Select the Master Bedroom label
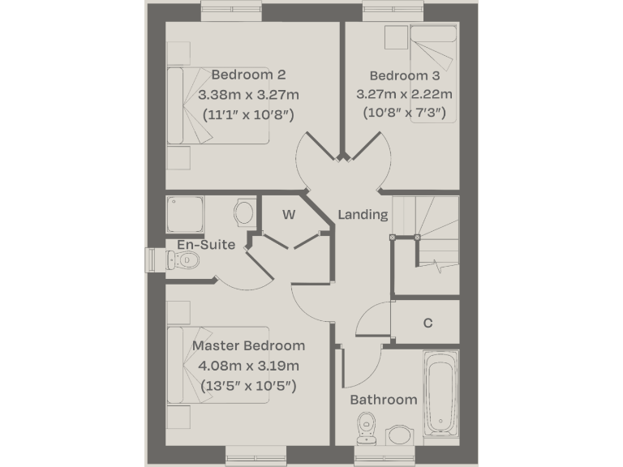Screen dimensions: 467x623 (248, 346)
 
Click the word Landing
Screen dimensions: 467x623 (363, 215)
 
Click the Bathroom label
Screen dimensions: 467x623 (384, 399)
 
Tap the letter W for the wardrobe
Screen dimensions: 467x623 (288, 215)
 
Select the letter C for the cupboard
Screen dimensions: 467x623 (428, 323)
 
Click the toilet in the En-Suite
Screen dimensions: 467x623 (183, 259)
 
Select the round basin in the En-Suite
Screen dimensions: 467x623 (243, 213)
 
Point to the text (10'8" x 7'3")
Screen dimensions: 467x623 (402, 113)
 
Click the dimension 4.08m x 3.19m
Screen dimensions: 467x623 (248, 366)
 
